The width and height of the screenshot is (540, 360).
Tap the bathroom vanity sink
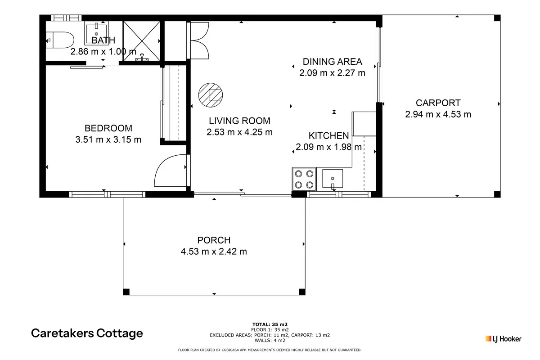tap(96, 32)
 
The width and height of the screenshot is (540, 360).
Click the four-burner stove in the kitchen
tap(304, 179)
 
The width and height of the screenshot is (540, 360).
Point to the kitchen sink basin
tap(332, 178)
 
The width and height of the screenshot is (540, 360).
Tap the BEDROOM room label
tap(108, 128)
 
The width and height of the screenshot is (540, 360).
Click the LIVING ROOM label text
tap(239, 121)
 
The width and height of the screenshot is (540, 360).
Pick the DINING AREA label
tap(332, 62)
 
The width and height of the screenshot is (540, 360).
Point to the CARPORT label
tap(438, 103)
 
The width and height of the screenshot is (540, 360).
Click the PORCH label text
tap(214, 240)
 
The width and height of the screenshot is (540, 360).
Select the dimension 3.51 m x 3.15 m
tap(108, 139)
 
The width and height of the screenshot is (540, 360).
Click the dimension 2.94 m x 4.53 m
tap(438, 114)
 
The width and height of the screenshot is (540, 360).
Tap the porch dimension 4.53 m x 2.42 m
tap(214, 252)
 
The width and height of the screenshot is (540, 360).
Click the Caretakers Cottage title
tap(87, 333)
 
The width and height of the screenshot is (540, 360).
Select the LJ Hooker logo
tap(503, 338)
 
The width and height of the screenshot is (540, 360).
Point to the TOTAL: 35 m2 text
tap(270, 324)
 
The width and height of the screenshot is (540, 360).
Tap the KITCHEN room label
tap(328, 135)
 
